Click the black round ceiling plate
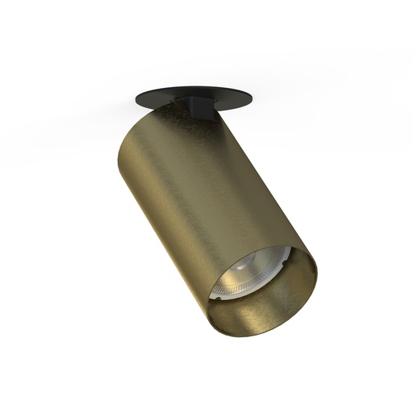[x=169, y=102]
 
